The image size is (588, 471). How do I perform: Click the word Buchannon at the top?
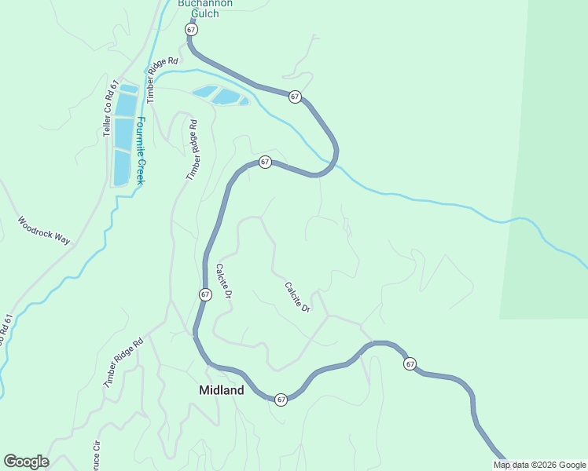pyautogui.click(x=204, y=3)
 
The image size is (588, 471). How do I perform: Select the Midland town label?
pyautogui.click(x=221, y=390)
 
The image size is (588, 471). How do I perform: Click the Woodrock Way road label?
pyautogui.click(x=44, y=231)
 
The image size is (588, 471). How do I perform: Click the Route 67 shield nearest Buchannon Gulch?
pyautogui.click(x=191, y=29)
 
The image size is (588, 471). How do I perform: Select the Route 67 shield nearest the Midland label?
pyautogui.click(x=281, y=400)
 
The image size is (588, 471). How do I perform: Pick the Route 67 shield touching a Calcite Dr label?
pyautogui.click(x=204, y=294)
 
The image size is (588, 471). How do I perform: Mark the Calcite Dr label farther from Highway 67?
pyautogui.click(x=298, y=298)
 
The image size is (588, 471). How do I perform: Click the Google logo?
pyautogui.click(x=26, y=462)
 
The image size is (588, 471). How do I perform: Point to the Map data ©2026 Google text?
pyautogui.click(x=540, y=465)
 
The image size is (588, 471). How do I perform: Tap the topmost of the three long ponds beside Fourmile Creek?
pyautogui.click(x=127, y=104)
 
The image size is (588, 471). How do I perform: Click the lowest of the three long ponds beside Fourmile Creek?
pyautogui.click(x=121, y=167)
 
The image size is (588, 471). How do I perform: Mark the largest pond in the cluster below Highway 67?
pyautogui.click(x=226, y=97)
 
